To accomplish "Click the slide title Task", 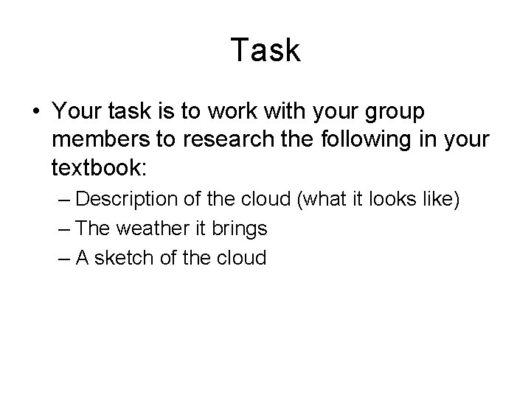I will pyautogui.click(x=265, y=51).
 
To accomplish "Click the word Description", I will pyautogui.click(x=125, y=200).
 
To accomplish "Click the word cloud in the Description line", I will pyautogui.click(x=267, y=200).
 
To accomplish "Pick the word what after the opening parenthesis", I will pyautogui.click(x=322, y=200).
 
